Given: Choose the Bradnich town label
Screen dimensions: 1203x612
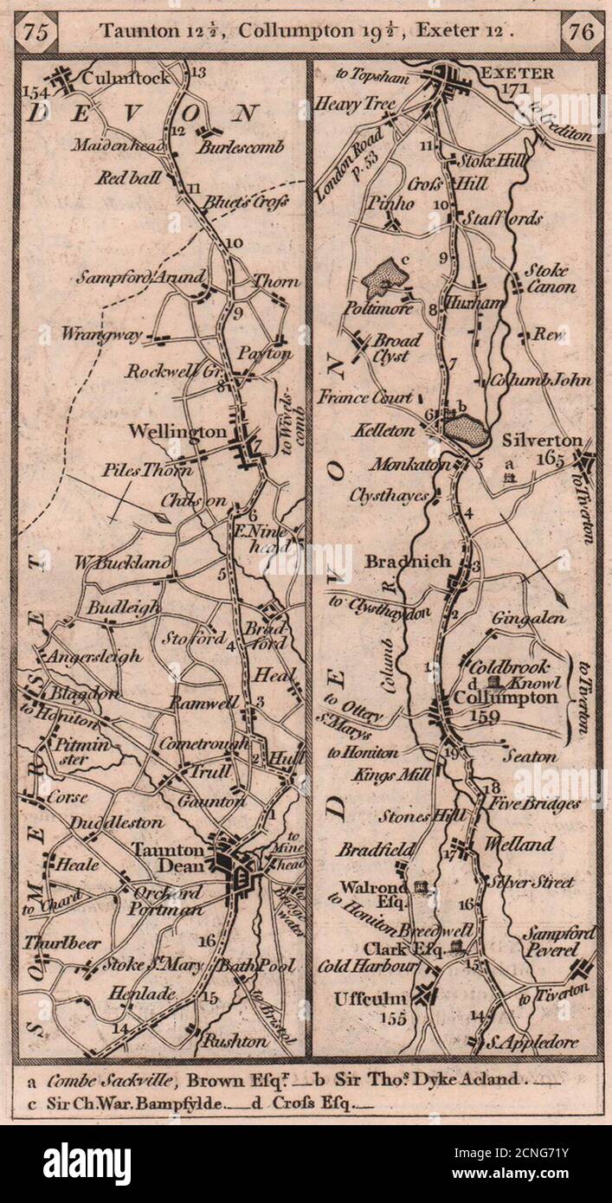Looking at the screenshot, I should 408,562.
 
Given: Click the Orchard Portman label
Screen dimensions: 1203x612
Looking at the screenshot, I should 170,900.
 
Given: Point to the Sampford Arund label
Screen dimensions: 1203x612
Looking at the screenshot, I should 140,279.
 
